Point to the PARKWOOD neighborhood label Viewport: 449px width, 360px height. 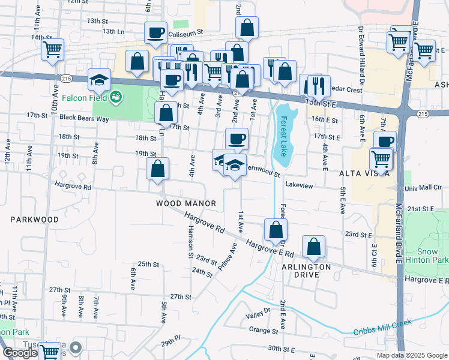click(x=34, y=220)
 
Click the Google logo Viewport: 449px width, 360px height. click(x=20, y=353)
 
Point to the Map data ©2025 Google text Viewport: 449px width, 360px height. click(x=411, y=355)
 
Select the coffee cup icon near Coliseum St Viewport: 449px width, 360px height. click(x=155, y=33)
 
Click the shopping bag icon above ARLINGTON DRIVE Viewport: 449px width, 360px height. click(x=313, y=246)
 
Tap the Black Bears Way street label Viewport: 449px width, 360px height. click(x=84, y=119)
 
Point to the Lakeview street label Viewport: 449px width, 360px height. click(x=299, y=186)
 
